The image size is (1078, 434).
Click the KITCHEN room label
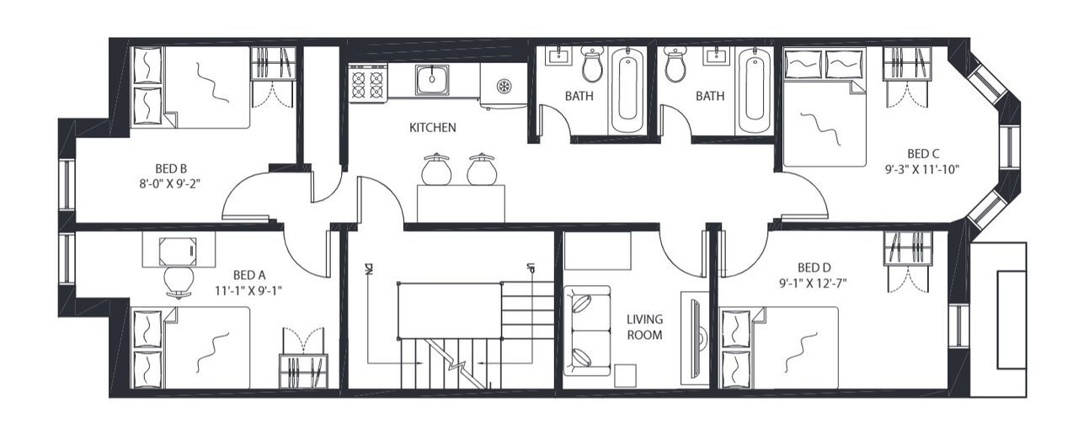(x=432, y=128)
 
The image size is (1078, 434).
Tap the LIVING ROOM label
(x=644, y=327)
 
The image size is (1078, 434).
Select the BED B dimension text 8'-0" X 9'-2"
(x=177, y=180)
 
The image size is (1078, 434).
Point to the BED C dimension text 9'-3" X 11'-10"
(x=923, y=168)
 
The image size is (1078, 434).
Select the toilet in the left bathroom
(x=592, y=64)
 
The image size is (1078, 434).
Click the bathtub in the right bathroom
(x=754, y=90)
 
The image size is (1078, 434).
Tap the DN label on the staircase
(x=369, y=270)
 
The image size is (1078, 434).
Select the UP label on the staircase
(x=531, y=270)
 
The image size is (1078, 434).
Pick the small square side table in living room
(x=625, y=375)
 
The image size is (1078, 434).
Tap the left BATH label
(x=579, y=96)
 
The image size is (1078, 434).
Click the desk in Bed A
(x=178, y=248)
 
